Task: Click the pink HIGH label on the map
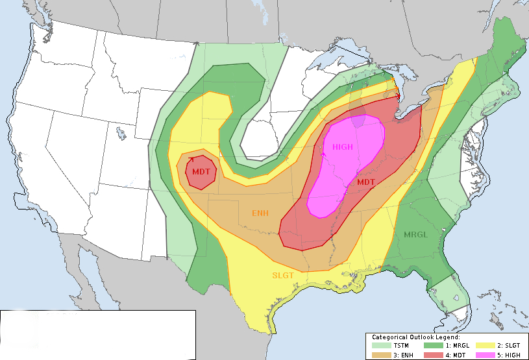[x=343, y=147]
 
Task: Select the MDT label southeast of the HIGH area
[x=365, y=182]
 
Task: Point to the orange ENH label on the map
[x=260, y=213]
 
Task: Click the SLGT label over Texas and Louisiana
[x=283, y=276]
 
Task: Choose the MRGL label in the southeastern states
[x=415, y=234]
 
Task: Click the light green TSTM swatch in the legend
[x=383, y=346]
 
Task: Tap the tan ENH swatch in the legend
[x=383, y=354]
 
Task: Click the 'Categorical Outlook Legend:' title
[x=415, y=337]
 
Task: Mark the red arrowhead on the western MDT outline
[x=191, y=158]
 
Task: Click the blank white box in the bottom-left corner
[x=97, y=334]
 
